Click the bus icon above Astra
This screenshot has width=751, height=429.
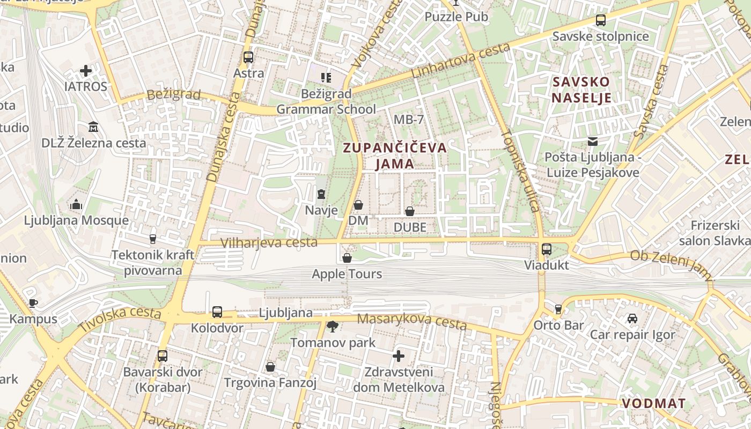pos(248,57)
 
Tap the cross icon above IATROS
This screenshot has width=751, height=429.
pos(86,70)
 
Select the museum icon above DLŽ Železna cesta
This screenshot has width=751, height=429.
pos(94,127)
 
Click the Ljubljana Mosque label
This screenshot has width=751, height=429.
pos(76,220)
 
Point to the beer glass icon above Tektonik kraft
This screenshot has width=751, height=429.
pos(153,239)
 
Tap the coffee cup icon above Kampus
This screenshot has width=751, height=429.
pos(33,303)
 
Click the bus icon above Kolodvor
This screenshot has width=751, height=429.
pos(217,312)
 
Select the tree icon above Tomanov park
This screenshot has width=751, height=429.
pos(333,326)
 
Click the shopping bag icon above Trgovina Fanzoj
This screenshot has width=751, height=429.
pos(270,367)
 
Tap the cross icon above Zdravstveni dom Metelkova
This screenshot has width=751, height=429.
pos(399,356)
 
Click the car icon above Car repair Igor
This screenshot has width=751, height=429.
pos(632,319)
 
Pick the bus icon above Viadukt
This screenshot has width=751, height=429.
pos(547,249)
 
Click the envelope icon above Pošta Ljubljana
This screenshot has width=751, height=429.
pos(593,142)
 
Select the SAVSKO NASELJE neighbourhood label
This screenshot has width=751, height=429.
pos(581,90)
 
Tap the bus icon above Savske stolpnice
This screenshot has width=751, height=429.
pos(601,20)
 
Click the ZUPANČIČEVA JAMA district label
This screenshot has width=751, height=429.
pos(395,156)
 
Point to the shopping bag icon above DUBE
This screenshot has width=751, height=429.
pos(410,211)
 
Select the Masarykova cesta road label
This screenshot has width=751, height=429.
pos(411,321)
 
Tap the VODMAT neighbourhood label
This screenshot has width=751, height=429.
pos(653,403)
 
